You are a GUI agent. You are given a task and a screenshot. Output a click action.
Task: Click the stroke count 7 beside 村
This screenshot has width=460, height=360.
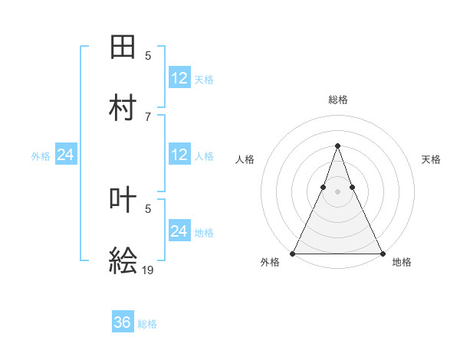(x=148, y=116)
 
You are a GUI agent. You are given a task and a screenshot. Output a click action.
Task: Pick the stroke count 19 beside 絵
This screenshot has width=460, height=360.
(x=148, y=270)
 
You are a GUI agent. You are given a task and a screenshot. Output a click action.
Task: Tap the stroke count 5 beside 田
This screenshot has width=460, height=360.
(x=148, y=56)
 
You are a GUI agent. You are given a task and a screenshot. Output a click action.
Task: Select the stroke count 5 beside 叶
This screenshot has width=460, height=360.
(x=148, y=208)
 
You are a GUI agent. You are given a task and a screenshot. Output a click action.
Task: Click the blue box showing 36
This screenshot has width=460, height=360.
(x=123, y=323)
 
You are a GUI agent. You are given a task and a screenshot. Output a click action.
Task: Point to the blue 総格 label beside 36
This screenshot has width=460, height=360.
(x=147, y=324)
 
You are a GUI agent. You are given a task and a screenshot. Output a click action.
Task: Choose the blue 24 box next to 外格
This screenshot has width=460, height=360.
(x=65, y=155)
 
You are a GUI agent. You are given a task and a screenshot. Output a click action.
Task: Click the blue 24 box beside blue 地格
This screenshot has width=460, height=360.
(x=179, y=231)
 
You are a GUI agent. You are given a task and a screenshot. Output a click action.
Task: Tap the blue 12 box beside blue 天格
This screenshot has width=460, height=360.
(x=179, y=78)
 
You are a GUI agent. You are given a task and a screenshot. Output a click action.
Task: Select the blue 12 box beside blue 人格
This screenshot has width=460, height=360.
(x=179, y=155)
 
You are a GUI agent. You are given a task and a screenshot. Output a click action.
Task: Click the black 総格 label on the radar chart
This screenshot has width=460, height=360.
(x=337, y=100)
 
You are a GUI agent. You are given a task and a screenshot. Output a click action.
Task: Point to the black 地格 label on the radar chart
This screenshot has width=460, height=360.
(x=402, y=263)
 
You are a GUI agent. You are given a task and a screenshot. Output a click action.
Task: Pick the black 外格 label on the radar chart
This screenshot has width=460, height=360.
(x=270, y=263)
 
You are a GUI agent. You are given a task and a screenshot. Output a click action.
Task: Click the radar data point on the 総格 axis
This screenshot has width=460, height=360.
(x=337, y=146)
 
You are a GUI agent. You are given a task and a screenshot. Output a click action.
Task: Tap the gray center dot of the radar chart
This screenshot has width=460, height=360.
(x=337, y=191)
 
